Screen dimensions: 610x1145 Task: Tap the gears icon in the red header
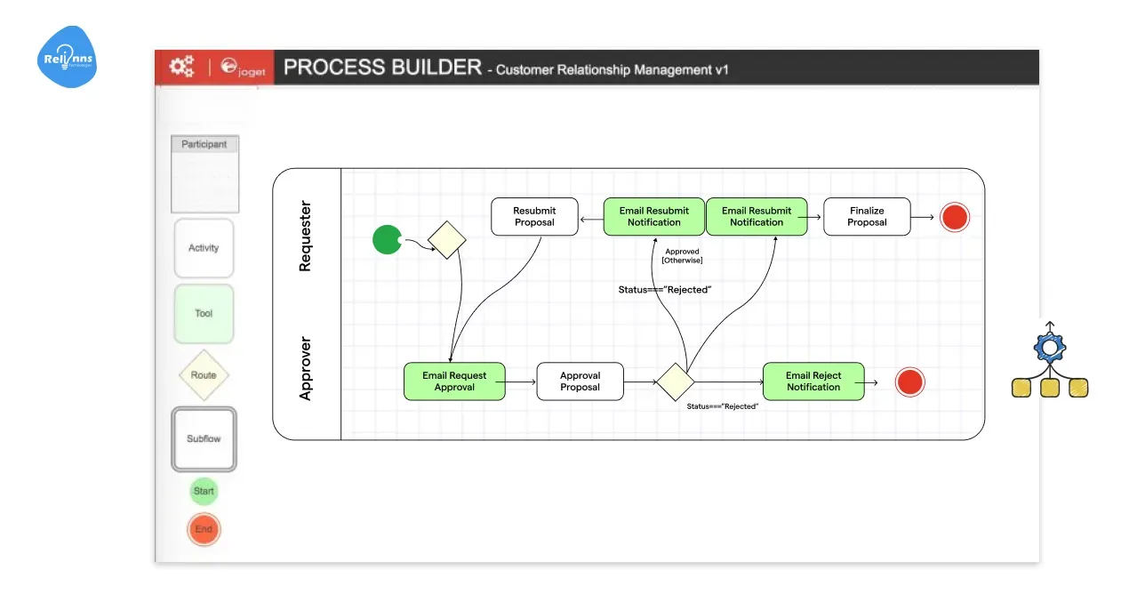tap(181, 66)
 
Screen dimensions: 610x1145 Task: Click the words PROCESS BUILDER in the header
tap(382, 68)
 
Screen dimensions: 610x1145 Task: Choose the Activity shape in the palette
tap(204, 248)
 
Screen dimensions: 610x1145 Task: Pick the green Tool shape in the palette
tap(204, 313)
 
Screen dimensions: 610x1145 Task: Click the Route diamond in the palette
tap(204, 375)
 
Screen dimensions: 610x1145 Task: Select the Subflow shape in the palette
tap(204, 438)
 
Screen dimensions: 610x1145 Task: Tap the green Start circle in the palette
tap(204, 491)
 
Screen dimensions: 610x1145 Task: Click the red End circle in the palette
tap(204, 529)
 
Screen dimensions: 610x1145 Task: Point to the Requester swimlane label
tap(306, 236)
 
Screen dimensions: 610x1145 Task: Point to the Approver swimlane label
tap(306, 368)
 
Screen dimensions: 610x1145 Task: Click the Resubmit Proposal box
tap(534, 217)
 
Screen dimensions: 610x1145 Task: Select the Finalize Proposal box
tap(867, 217)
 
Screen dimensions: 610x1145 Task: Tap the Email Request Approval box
tap(454, 381)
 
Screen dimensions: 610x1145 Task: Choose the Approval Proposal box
tap(580, 381)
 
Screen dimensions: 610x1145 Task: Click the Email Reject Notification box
tap(813, 381)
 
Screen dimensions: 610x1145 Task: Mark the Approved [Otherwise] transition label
tap(682, 256)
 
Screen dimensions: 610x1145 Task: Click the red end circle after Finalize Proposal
tap(955, 217)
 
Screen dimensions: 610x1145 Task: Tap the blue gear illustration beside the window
tap(1049, 347)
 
